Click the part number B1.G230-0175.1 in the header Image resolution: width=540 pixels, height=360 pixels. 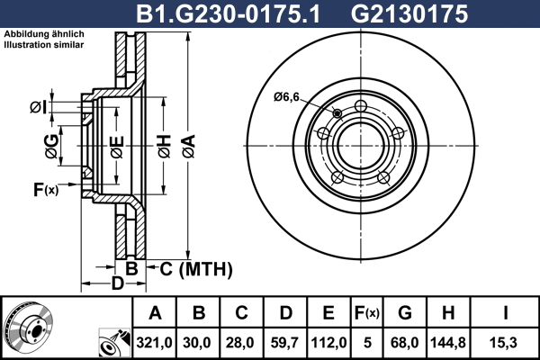click(x=228, y=13)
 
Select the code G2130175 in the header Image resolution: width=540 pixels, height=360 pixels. click(x=409, y=13)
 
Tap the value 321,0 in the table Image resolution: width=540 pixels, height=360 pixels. click(x=154, y=343)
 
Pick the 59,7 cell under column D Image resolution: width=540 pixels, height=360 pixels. click(x=284, y=343)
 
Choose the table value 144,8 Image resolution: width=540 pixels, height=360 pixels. click(x=448, y=343)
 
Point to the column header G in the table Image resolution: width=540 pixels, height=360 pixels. click(x=405, y=313)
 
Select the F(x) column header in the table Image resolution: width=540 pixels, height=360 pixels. click(x=367, y=313)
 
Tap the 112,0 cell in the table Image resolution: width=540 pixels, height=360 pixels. click(x=328, y=343)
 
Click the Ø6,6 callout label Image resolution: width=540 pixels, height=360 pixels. click(x=286, y=97)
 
